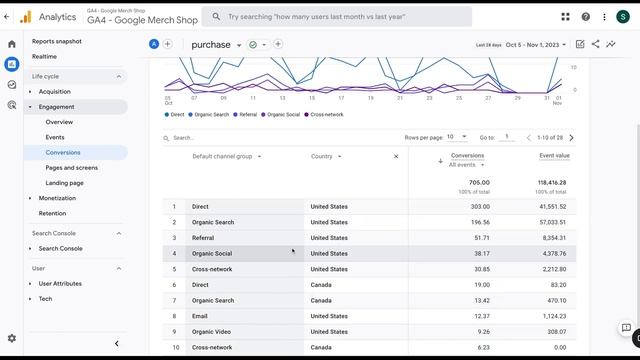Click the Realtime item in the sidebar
(44, 57)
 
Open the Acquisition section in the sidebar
(55, 91)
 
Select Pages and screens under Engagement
(71, 167)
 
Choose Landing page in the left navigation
(64, 183)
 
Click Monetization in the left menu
(58, 198)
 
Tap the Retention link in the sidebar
(52, 213)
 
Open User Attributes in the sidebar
(60, 283)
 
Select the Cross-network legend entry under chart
(326, 115)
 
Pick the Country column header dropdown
(326, 156)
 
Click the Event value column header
(554, 156)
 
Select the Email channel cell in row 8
(200, 316)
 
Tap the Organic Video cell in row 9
(212, 331)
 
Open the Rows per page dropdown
(456, 137)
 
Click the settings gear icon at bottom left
(12, 338)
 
